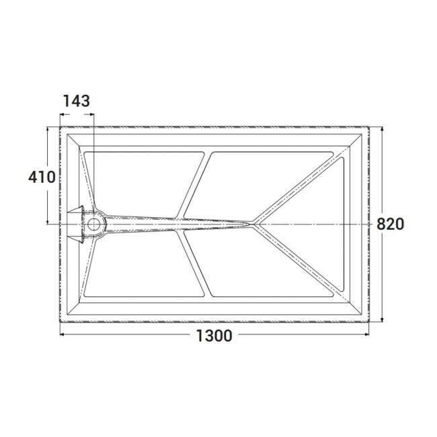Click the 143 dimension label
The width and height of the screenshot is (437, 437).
(x=77, y=101)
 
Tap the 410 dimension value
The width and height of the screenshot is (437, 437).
(x=42, y=177)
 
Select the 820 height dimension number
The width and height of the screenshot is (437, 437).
(x=391, y=225)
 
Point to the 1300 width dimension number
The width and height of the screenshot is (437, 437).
(x=214, y=335)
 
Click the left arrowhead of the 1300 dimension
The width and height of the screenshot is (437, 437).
(x=63, y=334)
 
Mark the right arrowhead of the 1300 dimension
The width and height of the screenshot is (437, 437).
(x=369, y=334)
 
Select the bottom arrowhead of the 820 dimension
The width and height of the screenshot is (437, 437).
(x=382, y=319)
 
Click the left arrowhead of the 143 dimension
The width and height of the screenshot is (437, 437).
(x=63, y=113)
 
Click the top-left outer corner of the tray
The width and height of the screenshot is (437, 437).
(x=60, y=125)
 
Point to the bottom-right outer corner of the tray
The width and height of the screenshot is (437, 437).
(x=371, y=322)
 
